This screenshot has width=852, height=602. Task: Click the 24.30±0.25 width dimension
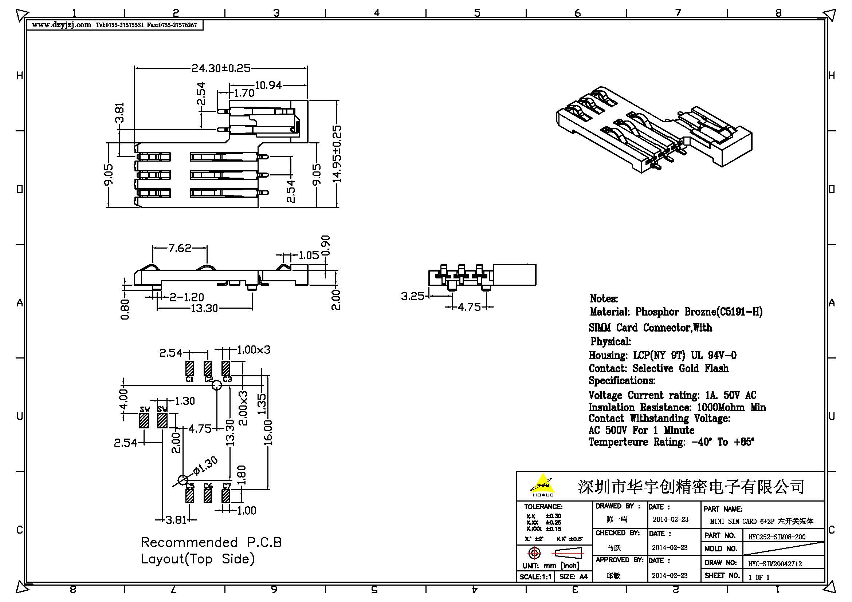[x=221, y=68]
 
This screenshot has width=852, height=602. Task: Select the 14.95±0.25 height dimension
[x=337, y=154]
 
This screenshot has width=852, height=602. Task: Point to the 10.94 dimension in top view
[x=268, y=86]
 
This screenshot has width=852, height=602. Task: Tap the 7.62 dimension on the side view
[x=180, y=248]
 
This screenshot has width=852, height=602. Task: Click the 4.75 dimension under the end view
[x=469, y=307]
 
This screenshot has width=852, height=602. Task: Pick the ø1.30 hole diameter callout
[x=205, y=466]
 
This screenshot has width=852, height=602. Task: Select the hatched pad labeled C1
[x=189, y=368]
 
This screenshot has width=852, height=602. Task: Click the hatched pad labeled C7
[x=225, y=496]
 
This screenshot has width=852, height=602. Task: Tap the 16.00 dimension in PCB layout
[x=268, y=433]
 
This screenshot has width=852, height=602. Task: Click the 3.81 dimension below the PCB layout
[x=176, y=520]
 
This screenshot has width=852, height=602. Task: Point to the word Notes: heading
[x=604, y=299]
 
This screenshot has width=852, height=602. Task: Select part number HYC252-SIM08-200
[x=777, y=537]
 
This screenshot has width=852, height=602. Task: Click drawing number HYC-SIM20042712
[x=775, y=564]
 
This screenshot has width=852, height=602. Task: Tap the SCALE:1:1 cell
[x=535, y=577]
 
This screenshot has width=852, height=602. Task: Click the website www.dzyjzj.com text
[x=61, y=25]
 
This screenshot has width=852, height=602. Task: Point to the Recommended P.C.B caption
[x=212, y=543]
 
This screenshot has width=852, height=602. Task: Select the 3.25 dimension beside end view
[x=412, y=296]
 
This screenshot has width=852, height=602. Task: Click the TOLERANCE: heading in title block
[x=543, y=506]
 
